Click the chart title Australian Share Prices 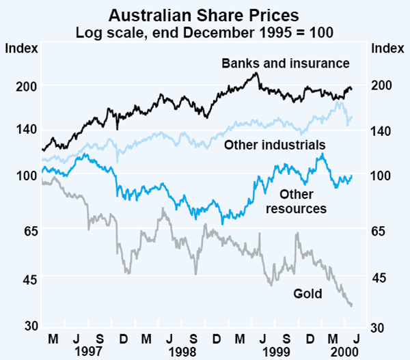[204, 14]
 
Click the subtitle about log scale [204, 31]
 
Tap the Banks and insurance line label [285, 63]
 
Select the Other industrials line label [275, 145]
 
